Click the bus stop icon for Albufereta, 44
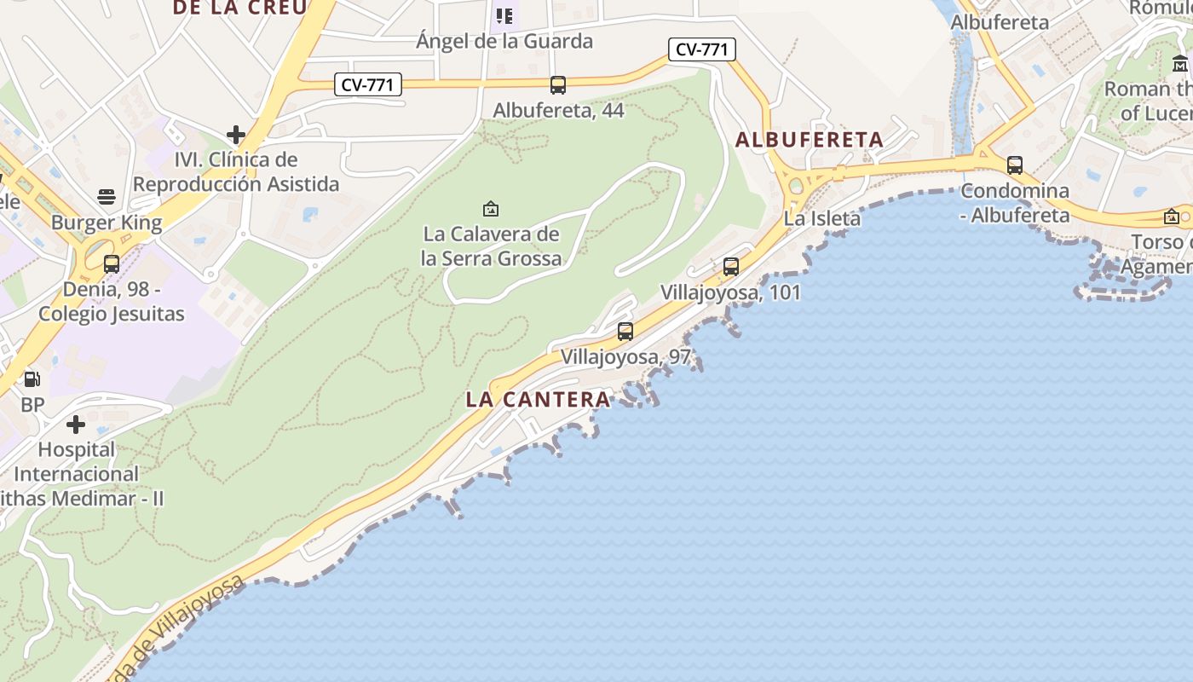[558, 85]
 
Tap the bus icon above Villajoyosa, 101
[731, 267]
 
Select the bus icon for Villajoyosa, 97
[625, 332]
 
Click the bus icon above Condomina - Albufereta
[1014, 165]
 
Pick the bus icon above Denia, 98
[112, 264]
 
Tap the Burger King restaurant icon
[107, 198]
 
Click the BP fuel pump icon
[32, 379]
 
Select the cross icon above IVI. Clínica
[236, 135]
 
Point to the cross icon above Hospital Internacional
[76, 425]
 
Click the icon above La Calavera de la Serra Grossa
[491, 209]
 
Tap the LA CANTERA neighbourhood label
[538, 399]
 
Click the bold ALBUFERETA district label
[809, 140]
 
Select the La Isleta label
[822, 219]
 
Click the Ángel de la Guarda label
[504, 41]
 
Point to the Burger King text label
[107, 223]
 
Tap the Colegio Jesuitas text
[112, 314]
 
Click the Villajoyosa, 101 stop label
[730, 292]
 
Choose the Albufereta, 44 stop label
[558, 111]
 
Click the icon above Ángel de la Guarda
[504, 16]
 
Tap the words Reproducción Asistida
[236, 184]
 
